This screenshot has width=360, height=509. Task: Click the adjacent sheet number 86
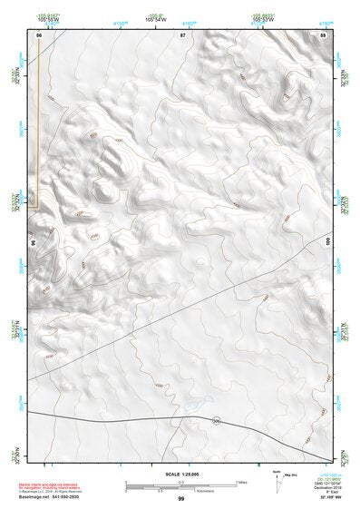click(x=39, y=34)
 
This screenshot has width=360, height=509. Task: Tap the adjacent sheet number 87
click(x=182, y=34)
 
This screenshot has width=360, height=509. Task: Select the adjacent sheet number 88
click(x=323, y=34)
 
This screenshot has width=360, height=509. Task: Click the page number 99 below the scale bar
click(x=180, y=499)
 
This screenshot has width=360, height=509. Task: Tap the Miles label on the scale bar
click(x=241, y=481)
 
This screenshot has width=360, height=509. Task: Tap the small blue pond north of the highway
click(x=197, y=399)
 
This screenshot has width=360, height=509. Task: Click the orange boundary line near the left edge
click(x=36, y=136)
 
